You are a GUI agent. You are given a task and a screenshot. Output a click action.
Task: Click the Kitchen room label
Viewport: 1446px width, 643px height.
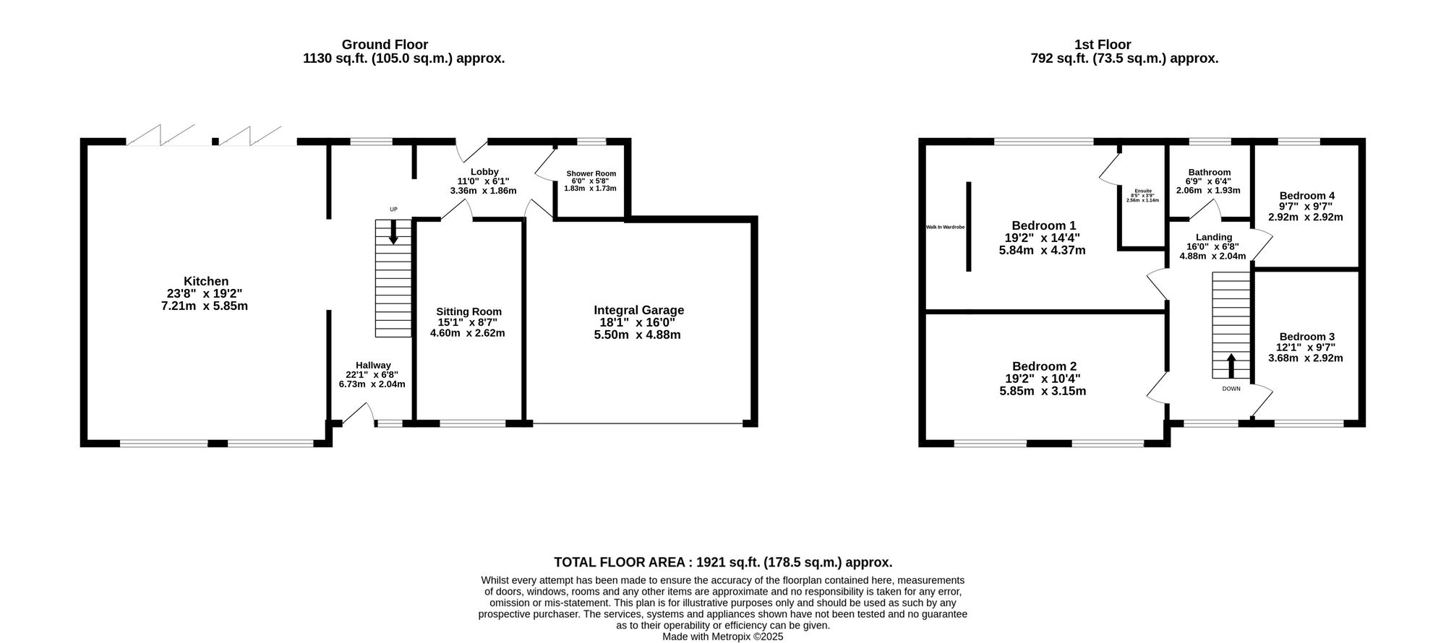tap(206, 282)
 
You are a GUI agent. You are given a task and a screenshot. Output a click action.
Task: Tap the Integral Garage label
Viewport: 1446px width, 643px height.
tap(638, 311)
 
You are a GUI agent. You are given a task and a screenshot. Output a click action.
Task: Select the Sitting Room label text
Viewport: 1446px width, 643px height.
tap(469, 311)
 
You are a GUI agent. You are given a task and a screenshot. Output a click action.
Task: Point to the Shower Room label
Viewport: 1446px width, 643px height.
tap(591, 173)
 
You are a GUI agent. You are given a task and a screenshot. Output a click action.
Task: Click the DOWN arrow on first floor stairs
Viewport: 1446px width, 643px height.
tap(1231, 366)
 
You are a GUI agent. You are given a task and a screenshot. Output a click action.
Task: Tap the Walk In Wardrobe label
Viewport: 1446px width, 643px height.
tap(945, 227)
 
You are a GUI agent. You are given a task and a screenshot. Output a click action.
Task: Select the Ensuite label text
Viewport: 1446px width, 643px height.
tap(1142, 191)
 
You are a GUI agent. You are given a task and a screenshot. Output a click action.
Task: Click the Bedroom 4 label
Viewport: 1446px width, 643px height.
tap(1306, 196)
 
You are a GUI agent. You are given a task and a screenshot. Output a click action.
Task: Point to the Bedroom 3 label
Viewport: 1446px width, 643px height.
tap(1306, 337)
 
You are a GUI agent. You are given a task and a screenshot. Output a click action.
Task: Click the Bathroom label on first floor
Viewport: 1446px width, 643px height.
tap(1209, 173)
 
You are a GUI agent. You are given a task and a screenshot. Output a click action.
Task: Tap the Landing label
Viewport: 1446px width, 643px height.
tap(1214, 237)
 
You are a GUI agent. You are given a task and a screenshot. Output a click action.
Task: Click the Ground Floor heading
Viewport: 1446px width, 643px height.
tap(385, 45)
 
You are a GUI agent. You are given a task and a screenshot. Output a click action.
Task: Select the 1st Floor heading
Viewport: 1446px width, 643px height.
tap(1103, 45)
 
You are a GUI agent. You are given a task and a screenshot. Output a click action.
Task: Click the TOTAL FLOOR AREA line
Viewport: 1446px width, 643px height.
tap(723, 562)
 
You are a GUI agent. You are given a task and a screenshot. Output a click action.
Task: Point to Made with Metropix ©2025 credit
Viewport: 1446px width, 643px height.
tap(723, 636)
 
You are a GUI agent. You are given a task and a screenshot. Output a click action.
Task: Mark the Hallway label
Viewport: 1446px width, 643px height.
tap(373, 366)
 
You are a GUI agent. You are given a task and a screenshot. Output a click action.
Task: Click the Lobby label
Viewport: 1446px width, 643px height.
tap(484, 172)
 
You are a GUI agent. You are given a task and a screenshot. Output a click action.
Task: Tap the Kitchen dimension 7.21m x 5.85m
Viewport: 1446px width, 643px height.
tap(205, 306)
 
